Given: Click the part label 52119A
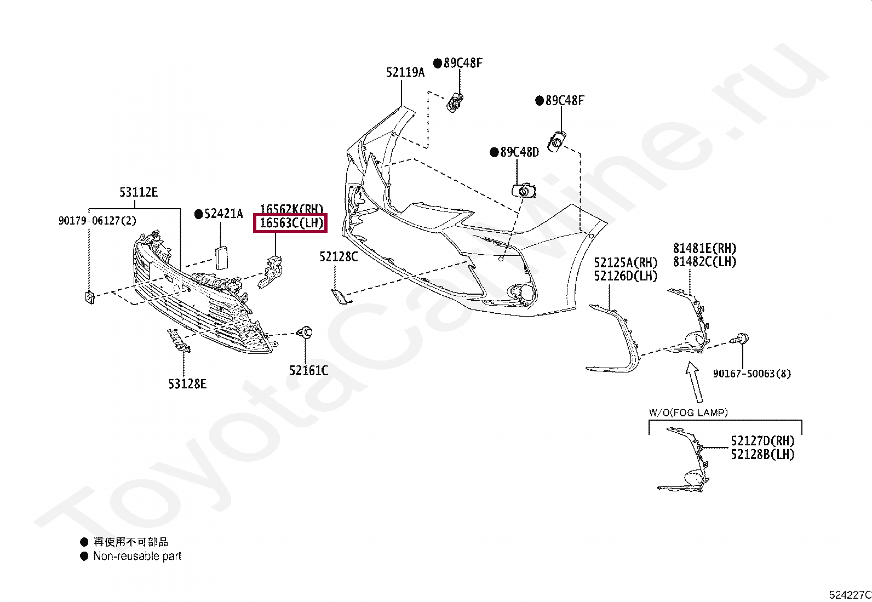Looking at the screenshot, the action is [405, 72].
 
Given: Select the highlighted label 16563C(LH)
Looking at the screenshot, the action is [291, 223].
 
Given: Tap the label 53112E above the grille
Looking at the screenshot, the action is [138, 192].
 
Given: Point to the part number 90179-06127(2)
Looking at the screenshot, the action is [97, 221].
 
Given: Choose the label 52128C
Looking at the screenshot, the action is [339, 256].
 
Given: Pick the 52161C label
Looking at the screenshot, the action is [308, 371].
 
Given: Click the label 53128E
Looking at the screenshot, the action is [187, 384].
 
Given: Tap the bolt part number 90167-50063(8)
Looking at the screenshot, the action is [751, 374].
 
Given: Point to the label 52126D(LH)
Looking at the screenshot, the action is [626, 276].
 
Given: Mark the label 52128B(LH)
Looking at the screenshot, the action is [762, 454].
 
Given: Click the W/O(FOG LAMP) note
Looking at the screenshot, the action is [688, 412].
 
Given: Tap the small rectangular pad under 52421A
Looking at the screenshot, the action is [222, 257].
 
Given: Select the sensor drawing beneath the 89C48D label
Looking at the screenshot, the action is [524, 191].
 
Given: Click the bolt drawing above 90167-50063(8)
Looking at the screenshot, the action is [741, 339].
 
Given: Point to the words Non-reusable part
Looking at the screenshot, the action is [137, 556].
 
